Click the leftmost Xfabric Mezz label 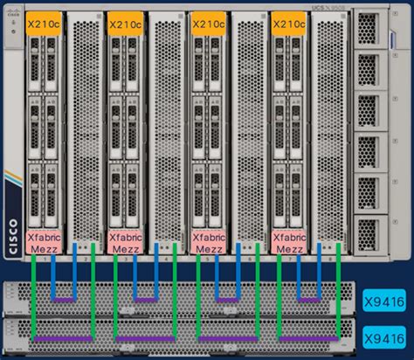pos(44,242)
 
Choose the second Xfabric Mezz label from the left pos(125,242)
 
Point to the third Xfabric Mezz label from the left pos(207,242)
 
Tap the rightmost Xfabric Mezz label pos(289,242)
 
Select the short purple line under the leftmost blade pos(63,300)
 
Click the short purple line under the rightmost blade pos(307,300)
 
